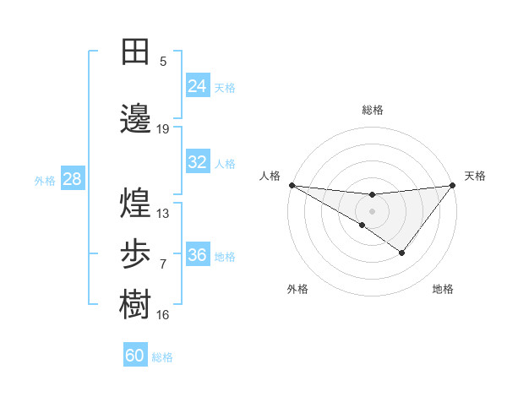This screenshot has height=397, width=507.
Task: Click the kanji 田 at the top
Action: click(136, 52)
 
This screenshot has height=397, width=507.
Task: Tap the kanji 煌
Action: click(136, 203)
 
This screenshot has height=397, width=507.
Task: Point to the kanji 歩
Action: click(136, 253)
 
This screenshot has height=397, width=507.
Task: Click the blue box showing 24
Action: click(197, 86)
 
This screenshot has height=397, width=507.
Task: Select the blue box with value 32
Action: click(197, 162)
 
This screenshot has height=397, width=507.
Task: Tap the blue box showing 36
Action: click(197, 255)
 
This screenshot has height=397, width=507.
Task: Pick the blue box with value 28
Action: click(72, 179)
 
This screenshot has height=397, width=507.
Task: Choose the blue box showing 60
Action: click(135, 356)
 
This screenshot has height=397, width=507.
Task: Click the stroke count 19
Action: click(163, 129)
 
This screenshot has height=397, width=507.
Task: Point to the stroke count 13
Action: click(163, 214)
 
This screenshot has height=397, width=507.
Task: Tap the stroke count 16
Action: click(163, 315)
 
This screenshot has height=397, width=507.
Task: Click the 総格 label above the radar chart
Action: click(372, 110)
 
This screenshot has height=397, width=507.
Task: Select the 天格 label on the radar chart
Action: click(475, 176)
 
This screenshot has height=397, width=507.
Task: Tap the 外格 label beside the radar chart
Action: click(297, 289)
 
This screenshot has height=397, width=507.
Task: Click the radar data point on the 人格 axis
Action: click(292, 185)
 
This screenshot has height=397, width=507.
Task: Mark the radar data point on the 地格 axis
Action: click(402, 253)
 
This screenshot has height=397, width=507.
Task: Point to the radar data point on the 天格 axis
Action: click(452, 185)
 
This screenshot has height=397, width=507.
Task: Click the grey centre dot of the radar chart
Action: click(372, 210)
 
